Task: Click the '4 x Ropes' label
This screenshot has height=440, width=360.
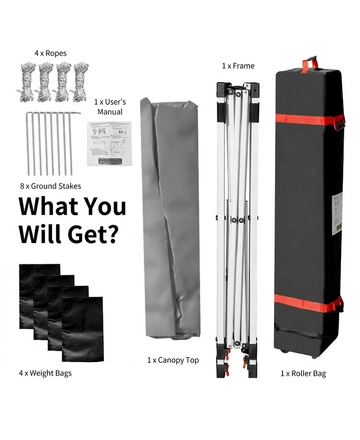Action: [50, 53]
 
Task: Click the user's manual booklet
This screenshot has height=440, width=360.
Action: [109, 143]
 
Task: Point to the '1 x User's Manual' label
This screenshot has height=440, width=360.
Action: [110, 107]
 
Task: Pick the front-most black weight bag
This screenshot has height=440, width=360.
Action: [82, 329]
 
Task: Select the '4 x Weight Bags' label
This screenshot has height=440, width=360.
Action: [45, 373]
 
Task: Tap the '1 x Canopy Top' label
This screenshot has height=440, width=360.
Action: [173, 360]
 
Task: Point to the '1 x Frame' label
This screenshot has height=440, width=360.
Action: [238, 66]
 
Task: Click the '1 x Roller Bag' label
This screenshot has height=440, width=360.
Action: [303, 373]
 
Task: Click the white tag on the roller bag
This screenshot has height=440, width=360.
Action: [337, 213]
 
